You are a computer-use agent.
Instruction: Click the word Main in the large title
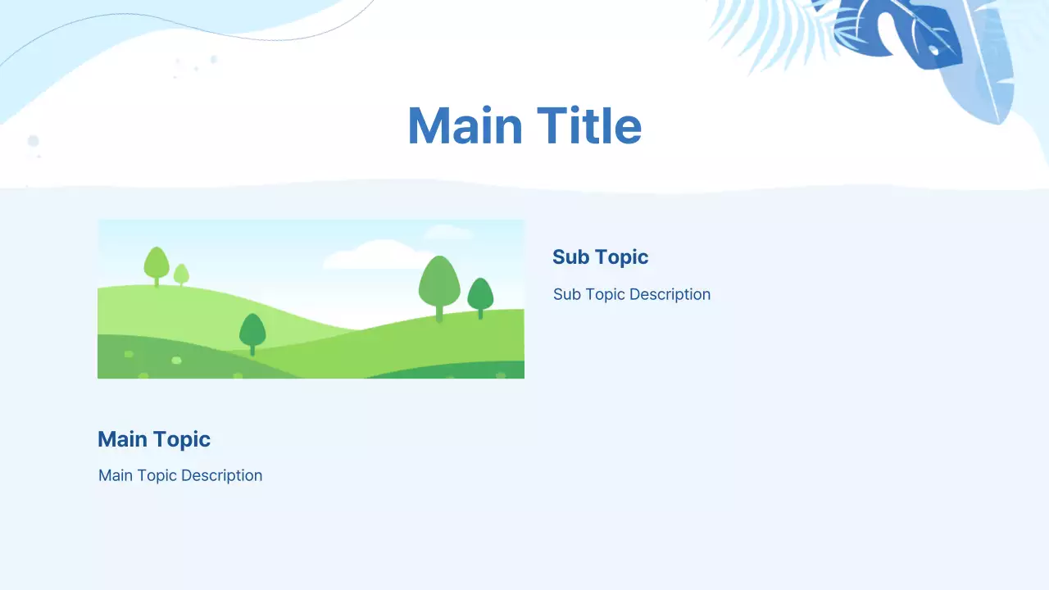[465, 126]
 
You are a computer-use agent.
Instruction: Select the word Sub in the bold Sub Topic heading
[570, 257]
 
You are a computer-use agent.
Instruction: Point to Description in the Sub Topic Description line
[670, 294]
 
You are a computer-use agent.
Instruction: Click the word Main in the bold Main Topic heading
[122, 439]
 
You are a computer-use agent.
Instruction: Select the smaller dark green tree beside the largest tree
[480, 294]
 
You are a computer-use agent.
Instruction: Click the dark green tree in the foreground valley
[252, 330]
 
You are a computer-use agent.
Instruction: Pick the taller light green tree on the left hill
[157, 263]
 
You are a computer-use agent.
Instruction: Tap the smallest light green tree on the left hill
[181, 274]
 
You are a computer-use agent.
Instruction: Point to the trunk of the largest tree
[439, 313]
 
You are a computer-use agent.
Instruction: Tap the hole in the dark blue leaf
[933, 51]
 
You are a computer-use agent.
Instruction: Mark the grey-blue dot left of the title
[34, 141]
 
